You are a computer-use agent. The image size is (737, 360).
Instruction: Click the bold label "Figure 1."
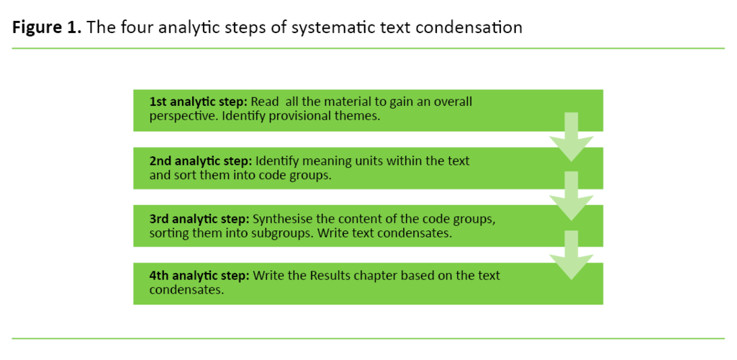[x=45, y=28]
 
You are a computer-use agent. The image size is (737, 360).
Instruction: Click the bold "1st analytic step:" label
[x=199, y=102]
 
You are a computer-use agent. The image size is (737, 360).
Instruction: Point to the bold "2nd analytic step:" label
[x=201, y=161]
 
